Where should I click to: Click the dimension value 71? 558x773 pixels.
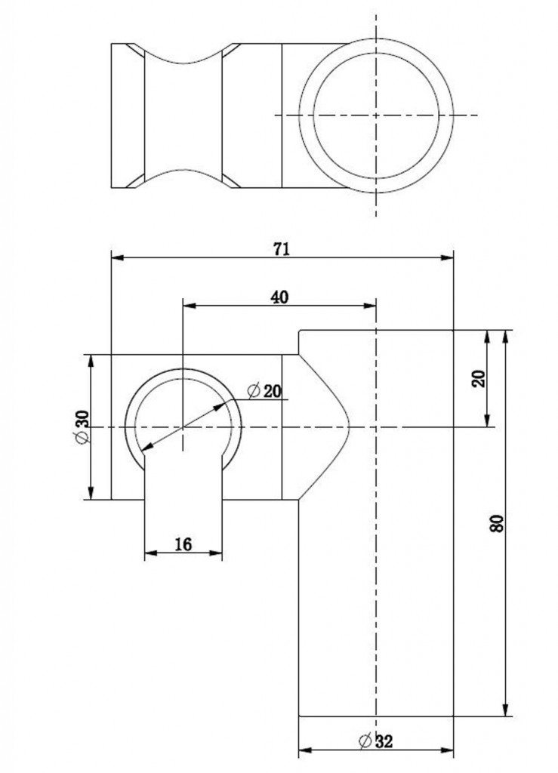[x=282, y=249]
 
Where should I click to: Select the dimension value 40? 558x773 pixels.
[x=279, y=297]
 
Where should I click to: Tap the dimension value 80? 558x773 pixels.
[x=498, y=522]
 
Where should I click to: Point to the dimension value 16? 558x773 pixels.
[x=183, y=544]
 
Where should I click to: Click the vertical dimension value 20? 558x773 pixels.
[x=479, y=378]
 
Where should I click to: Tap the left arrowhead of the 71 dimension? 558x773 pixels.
[x=117, y=257]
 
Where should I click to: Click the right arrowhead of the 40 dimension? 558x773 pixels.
[x=370, y=306]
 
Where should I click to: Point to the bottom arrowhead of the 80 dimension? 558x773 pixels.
[x=505, y=710]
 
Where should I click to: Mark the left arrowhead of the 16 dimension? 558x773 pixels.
[x=150, y=553]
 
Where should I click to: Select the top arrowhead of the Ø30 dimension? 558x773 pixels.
[x=91, y=361]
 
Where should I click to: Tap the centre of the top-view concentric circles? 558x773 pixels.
[x=376, y=115]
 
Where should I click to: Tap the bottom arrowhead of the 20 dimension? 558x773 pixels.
[x=488, y=420]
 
